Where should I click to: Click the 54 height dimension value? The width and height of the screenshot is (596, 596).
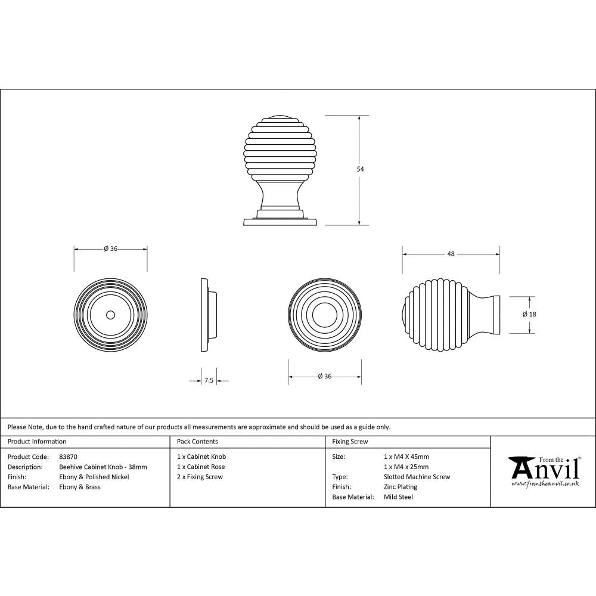[x=360, y=169]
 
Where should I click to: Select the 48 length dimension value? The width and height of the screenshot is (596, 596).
[x=451, y=254]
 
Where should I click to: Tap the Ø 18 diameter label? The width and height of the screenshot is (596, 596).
[x=529, y=314]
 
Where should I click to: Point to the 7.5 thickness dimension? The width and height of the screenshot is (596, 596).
[x=209, y=380]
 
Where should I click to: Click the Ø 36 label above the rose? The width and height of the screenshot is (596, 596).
[x=110, y=249]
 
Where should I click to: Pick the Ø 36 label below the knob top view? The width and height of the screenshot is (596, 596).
[x=324, y=376]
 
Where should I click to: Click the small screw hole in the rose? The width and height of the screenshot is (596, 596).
[x=110, y=313]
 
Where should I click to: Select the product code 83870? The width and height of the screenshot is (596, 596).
[x=69, y=457]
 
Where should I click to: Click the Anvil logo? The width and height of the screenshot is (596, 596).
[x=544, y=469]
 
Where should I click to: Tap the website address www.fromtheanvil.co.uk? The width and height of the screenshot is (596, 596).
[x=545, y=484]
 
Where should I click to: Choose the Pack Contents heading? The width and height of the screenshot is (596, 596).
[x=197, y=442]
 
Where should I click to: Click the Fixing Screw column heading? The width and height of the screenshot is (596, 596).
[x=350, y=442]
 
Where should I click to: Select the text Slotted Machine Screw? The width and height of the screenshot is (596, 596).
[x=417, y=477]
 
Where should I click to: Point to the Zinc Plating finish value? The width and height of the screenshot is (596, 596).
[x=401, y=487]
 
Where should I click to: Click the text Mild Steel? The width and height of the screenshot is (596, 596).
[x=398, y=497]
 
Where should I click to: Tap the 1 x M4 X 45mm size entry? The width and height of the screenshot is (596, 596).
[x=406, y=457]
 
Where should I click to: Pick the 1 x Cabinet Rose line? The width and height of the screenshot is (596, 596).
[x=201, y=467]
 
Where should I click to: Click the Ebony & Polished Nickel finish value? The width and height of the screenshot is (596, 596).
[x=94, y=477]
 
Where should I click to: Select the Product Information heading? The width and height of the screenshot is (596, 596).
[x=37, y=442]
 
